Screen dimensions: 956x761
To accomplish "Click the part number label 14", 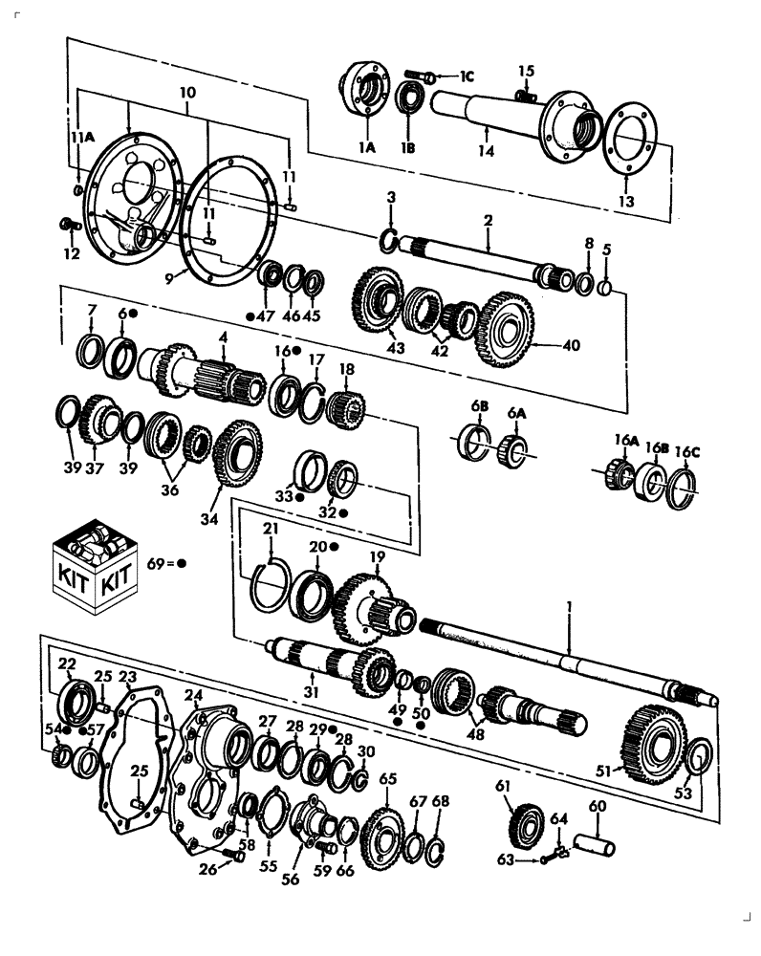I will pyautogui.click(x=488, y=151).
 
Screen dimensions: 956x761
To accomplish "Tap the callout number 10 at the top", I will pyautogui.click(x=187, y=93).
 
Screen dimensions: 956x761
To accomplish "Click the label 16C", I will pyautogui.click(x=685, y=451).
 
